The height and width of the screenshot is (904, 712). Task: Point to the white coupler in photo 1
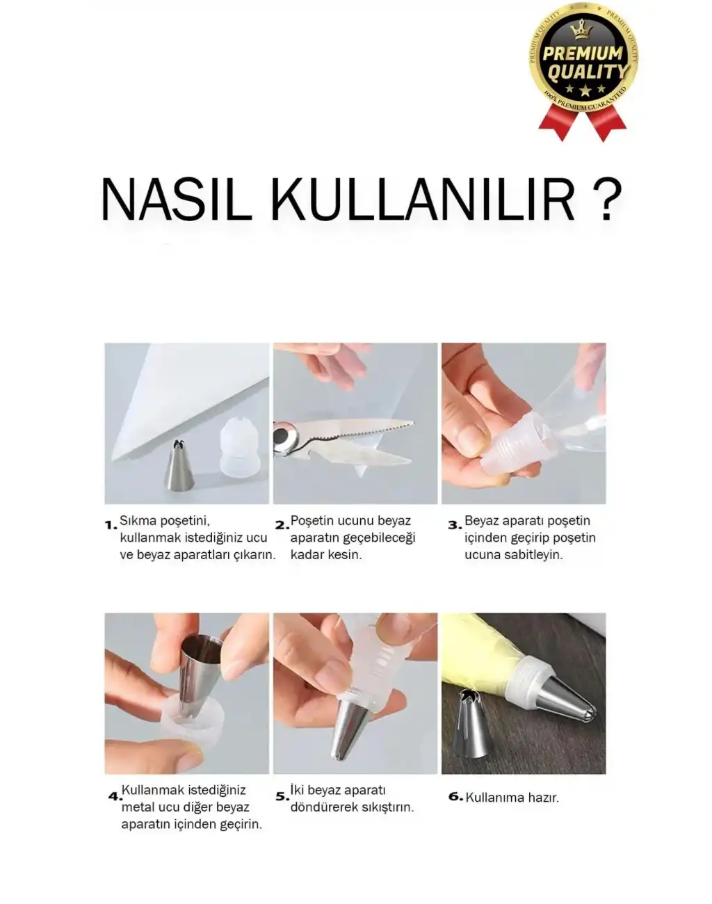[x=239, y=450]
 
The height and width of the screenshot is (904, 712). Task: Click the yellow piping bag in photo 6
[x=487, y=654]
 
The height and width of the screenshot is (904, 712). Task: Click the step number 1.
[x=111, y=525]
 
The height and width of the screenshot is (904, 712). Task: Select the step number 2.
[x=282, y=525]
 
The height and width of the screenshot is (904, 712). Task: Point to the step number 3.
[x=455, y=525]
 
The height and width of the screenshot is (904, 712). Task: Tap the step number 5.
[x=282, y=796]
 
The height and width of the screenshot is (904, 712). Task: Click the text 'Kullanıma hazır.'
[x=512, y=798]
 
